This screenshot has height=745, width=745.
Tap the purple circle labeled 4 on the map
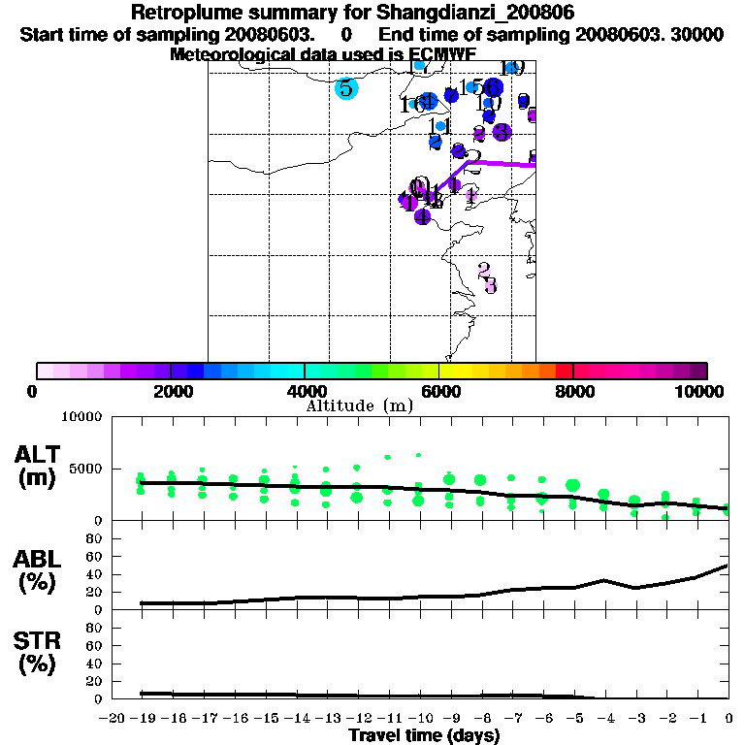[422, 216]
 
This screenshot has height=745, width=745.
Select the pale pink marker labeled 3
[490, 285]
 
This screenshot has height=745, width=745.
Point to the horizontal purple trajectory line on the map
[502, 164]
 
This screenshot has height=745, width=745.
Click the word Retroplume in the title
[185, 14]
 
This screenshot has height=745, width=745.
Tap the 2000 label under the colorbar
[171, 391]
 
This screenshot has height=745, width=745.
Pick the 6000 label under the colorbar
[438, 391]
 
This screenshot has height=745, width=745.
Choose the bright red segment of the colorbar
[564, 371]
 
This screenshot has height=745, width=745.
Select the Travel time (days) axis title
[424, 735]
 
